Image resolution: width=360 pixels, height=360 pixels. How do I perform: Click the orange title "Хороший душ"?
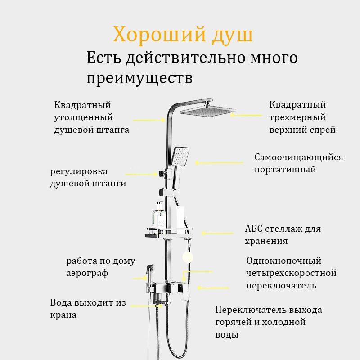(x=183, y=35)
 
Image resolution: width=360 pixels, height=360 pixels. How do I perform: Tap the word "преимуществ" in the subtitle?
(x=139, y=78)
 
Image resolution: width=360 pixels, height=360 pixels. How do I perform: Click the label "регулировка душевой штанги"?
(x=88, y=178)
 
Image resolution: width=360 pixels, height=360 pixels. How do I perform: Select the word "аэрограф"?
(x=87, y=273)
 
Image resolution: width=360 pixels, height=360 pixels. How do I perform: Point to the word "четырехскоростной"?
(x=291, y=273)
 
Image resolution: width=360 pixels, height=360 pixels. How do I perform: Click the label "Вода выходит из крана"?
(x=88, y=309)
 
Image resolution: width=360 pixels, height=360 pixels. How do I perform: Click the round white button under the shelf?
(x=188, y=257)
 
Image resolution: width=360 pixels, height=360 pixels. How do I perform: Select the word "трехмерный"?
(x=297, y=117)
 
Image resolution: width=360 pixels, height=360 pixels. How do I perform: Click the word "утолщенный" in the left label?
(x=83, y=117)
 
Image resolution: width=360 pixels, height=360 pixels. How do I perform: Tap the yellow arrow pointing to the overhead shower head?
(x=246, y=115)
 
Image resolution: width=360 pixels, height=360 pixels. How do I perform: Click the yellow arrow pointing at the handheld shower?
(x=218, y=162)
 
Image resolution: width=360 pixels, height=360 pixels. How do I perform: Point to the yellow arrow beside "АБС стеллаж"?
(x=218, y=233)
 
